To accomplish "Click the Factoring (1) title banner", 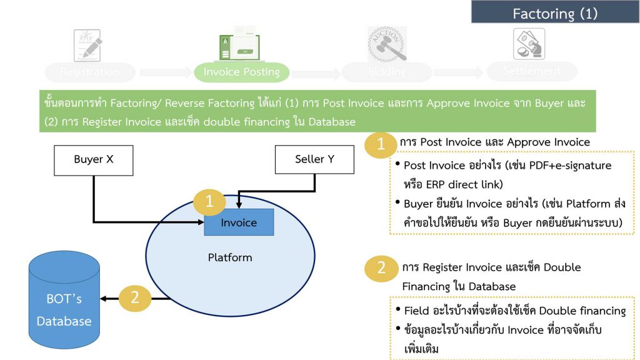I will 555,12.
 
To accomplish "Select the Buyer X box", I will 94,159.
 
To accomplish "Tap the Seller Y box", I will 314,159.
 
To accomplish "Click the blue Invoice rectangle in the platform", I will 239,222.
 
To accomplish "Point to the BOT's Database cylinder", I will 64,300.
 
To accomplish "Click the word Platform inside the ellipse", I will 230,257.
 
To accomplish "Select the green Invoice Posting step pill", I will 241,72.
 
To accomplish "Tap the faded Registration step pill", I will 90,72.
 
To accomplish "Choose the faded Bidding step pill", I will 386,72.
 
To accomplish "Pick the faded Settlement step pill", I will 531,71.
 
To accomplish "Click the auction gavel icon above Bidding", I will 387,44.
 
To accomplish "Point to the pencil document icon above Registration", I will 87,44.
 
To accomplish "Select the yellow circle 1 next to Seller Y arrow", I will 209,202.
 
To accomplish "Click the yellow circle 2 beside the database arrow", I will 134,298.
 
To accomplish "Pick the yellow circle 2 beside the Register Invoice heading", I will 381,269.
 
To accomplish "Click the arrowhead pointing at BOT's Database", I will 105,299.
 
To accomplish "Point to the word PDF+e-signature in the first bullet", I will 560,166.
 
